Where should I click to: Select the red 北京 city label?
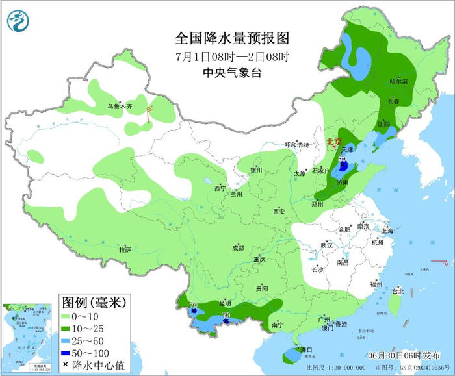click(x=333, y=141)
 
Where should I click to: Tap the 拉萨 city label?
click(x=125, y=249)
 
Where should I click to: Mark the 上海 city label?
click(x=387, y=231)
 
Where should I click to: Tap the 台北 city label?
click(x=395, y=292)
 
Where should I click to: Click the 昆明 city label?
click(x=225, y=303)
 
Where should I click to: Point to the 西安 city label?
click(x=279, y=211)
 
